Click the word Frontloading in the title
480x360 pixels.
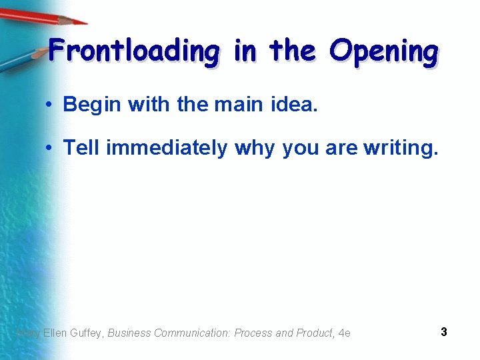coord(133,51)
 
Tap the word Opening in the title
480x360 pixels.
coord(385,51)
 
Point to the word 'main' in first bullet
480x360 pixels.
coord(241,104)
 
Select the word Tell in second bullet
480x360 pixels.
coord(81,147)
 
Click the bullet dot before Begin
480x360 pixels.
coord(50,105)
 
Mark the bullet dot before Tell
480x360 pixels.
coord(50,148)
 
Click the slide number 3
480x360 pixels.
coord(444,331)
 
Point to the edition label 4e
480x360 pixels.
coord(345,333)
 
